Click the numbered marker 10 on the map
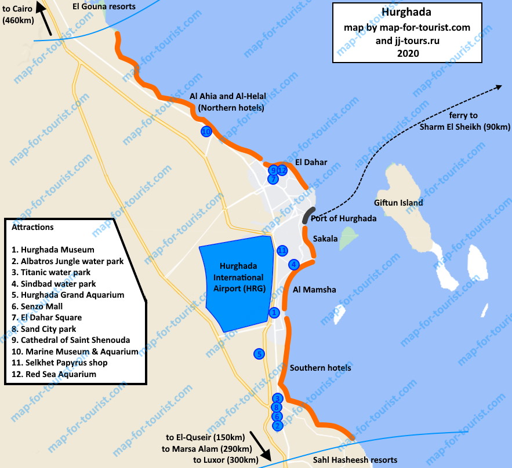(206, 131)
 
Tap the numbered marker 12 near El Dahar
(282, 170)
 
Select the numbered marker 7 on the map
(273, 179)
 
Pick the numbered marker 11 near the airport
(282, 251)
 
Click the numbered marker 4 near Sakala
(294, 265)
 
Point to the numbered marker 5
(259, 354)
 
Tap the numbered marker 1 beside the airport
(274, 313)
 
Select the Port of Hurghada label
(343, 218)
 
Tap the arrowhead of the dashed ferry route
(498, 87)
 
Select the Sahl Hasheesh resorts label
(355, 460)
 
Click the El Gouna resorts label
(104, 7)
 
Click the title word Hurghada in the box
(406, 13)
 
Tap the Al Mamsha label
(314, 290)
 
